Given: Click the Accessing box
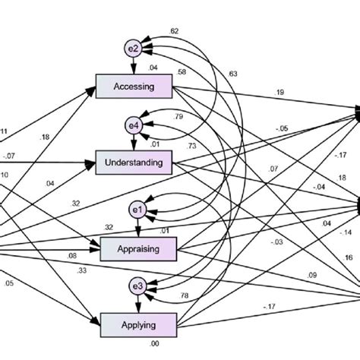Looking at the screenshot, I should pyautogui.click(x=134, y=87).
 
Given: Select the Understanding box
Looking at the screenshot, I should pyautogui.click(x=134, y=161).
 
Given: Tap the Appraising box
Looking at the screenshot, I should pyautogui.click(x=137, y=248).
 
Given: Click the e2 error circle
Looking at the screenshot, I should pyautogui.click(x=133, y=49).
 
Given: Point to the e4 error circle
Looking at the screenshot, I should pyautogui.click(x=134, y=125).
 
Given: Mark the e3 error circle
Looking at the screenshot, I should pyautogui.click(x=137, y=287).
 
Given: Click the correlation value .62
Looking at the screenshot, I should pyautogui.click(x=175, y=31).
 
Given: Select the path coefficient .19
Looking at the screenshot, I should pyautogui.click(x=279, y=93).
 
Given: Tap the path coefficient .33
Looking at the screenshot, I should pyautogui.click(x=81, y=270).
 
